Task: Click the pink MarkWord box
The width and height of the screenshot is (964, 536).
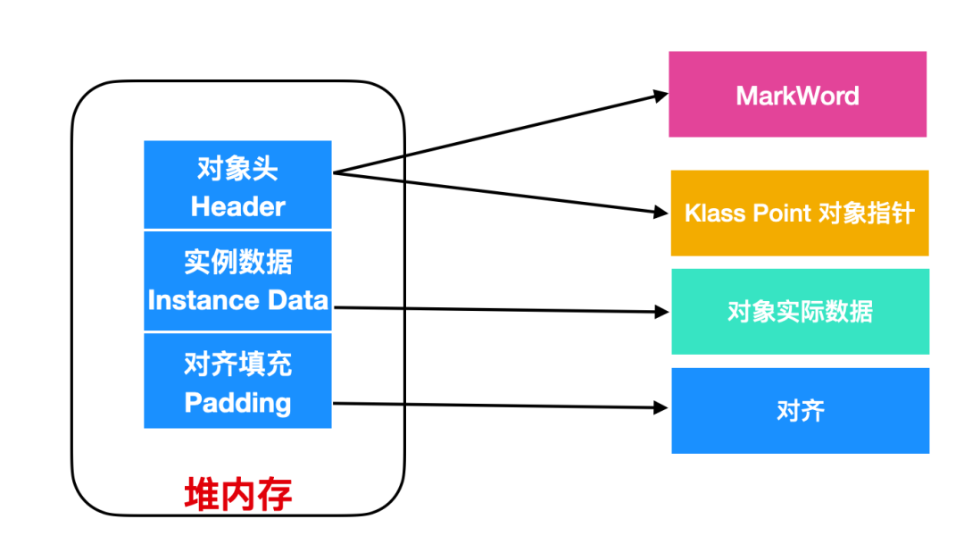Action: point(797,95)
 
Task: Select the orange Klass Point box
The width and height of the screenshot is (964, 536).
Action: point(799,214)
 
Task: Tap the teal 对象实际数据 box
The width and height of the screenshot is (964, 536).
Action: point(800,312)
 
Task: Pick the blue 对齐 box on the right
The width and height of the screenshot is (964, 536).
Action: point(800,411)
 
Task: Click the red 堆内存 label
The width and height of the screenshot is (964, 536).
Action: point(237,494)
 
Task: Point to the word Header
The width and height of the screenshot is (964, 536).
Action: point(237,206)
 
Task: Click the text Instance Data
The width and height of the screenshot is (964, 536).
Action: point(237,300)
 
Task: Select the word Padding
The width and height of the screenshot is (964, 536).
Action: point(237,403)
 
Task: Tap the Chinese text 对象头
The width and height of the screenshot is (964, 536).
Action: point(237,169)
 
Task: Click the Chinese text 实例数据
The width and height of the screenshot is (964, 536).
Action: point(237,263)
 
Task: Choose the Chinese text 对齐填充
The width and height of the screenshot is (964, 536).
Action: point(237,364)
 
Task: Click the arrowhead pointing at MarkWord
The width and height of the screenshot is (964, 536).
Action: point(661,94)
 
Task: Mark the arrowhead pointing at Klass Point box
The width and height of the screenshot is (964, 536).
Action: point(661,213)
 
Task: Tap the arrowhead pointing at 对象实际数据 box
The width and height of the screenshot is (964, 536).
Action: point(662,312)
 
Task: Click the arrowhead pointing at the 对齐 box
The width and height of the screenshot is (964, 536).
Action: point(662,407)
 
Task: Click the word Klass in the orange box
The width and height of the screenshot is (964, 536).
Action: point(711,214)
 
